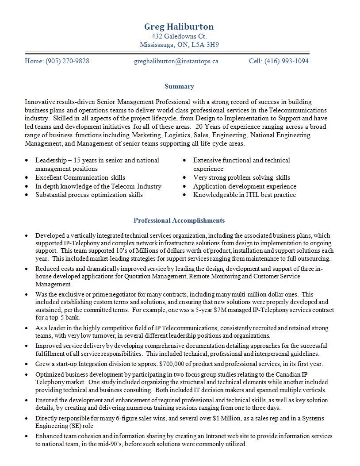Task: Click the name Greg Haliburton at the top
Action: pos(179,27)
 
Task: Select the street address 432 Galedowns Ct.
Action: pos(179,36)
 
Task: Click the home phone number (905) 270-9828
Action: pos(67,61)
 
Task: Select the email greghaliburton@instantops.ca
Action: pos(176,61)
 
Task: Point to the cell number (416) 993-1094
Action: pos(287,61)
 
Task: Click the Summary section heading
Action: pos(179,86)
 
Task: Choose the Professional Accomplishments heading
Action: pos(179,220)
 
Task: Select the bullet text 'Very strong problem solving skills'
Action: pos(241,177)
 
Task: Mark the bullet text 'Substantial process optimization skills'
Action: pos(89,195)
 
